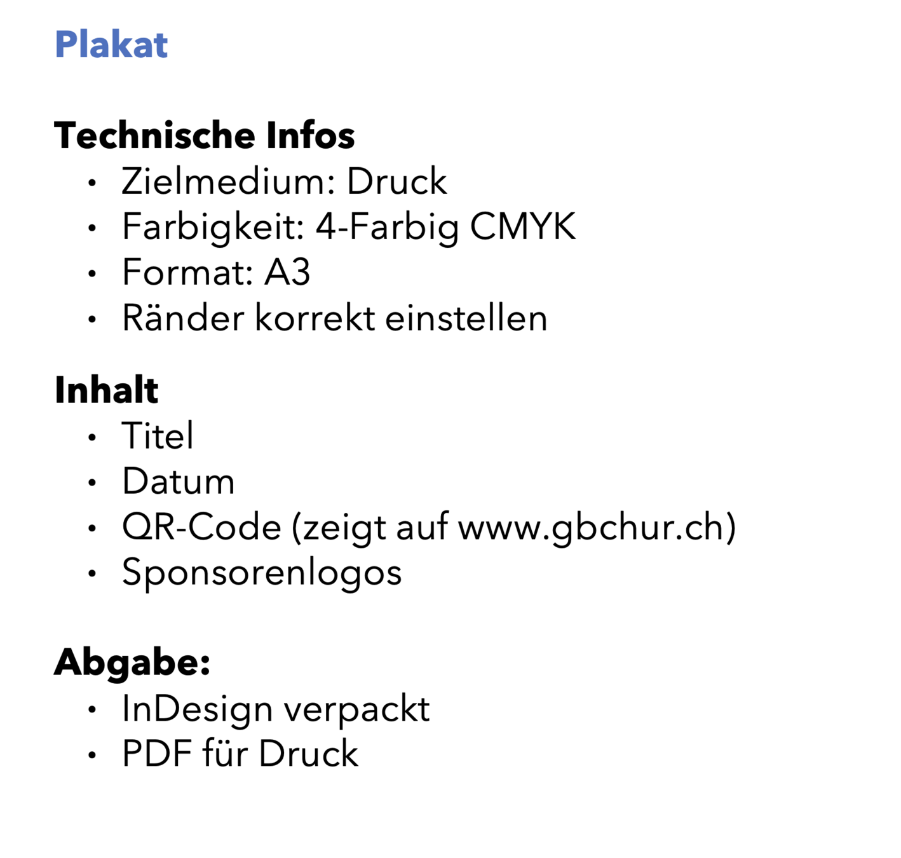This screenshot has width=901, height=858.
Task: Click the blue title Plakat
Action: (111, 45)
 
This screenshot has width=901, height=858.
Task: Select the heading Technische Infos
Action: (204, 135)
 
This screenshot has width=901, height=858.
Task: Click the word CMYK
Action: (522, 227)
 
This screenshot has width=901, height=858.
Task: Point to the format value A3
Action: (287, 273)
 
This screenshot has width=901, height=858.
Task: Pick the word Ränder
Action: (183, 318)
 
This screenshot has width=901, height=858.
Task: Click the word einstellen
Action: (466, 318)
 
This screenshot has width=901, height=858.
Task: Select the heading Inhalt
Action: (106, 390)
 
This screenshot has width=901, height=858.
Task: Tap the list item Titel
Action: (158, 436)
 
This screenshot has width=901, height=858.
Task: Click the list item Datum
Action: (178, 482)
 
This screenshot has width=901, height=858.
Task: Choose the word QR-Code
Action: (201, 528)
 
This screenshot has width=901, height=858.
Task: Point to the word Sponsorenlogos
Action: (262, 573)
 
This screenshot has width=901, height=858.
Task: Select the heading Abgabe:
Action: (132, 663)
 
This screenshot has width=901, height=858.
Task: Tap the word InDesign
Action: (197, 709)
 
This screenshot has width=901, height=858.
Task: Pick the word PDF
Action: (157, 754)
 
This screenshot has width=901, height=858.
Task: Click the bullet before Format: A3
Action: (92, 274)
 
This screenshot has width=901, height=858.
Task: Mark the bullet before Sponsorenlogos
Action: (92, 574)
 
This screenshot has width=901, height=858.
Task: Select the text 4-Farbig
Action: (387, 227)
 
